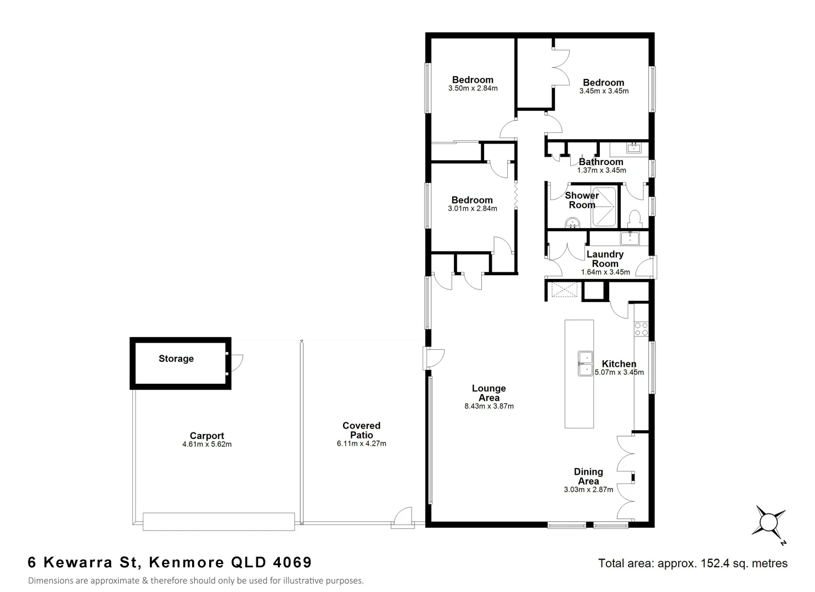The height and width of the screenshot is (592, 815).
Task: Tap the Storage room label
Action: coord(176,358)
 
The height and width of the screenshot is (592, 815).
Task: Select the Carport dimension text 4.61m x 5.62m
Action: coord(207,445)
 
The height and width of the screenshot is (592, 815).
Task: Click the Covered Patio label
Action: coord(361,430)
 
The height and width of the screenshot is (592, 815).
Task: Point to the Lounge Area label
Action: coord(488,393)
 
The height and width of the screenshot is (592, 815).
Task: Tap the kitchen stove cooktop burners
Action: coord(640,329)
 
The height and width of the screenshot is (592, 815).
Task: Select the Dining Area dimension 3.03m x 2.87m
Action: coord(588,489)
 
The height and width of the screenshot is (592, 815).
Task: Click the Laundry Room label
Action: coord(605,259)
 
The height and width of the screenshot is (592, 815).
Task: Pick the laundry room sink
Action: coord(630,238)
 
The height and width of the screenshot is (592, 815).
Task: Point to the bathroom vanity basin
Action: coord(634,147)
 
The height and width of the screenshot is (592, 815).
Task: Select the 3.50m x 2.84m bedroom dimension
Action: coord(473,88)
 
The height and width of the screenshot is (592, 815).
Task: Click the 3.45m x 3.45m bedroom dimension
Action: coord(604,92)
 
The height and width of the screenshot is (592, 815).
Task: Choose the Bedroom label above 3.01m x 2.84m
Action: coord(472,200)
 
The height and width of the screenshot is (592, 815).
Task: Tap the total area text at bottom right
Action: coord(693,563)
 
